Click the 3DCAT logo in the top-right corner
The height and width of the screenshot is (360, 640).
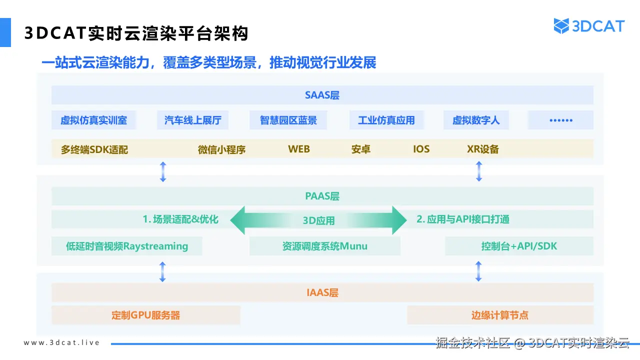tap(589, 26)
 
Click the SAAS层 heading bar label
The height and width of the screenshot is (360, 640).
tap(322, 95)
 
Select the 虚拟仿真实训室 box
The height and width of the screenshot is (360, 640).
tap(93, 120)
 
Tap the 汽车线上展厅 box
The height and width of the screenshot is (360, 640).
tap(192, 120)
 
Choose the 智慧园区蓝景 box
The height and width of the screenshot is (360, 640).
tap(288, 120)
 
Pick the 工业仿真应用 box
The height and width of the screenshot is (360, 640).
tap(386, 120)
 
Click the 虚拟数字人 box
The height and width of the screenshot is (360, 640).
tap(475, 120)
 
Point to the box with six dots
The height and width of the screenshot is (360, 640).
tap(560, 120)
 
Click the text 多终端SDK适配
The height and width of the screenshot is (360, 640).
tap(94, 149)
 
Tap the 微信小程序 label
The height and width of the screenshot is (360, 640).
tap(221, 149)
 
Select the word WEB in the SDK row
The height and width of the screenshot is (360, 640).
tap(298, 149)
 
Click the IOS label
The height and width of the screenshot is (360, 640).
tap(421, 149)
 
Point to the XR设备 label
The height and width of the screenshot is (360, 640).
tap(482, 149)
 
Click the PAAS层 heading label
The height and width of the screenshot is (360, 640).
tap(322, 196)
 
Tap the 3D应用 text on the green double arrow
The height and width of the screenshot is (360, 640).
tap(318, 220)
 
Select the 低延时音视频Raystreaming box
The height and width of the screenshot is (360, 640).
tap(127, 246)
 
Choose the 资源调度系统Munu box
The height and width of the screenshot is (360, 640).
tap(324, 246)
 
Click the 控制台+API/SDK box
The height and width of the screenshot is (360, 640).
tap(519, 246)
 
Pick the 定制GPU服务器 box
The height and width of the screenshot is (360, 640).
tap(145, 315)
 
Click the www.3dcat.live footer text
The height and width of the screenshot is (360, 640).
tap(62, 342)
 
